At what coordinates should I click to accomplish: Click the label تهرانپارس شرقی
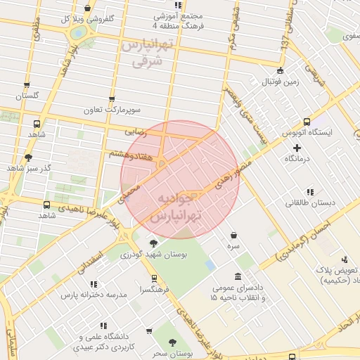point(146,53)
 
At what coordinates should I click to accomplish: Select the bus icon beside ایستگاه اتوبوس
point(307,121)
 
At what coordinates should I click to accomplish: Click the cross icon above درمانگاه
point(297,148)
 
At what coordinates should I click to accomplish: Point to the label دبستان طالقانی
point(304,203)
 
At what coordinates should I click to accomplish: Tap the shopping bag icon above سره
point(233,236)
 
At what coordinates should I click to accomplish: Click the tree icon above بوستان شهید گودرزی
point(153,243)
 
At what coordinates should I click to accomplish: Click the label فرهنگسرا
point(154,289)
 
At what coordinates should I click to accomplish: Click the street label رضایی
point(136,131)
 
